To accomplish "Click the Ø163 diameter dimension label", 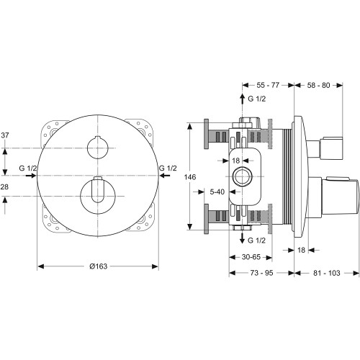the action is click(99, 266).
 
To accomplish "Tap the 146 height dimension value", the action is click(190, 177).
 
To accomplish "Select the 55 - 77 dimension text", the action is click(268, 85).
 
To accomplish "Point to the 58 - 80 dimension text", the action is click(319, 85).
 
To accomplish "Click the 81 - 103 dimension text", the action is click(327, 273).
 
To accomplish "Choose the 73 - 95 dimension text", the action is click(261, 273).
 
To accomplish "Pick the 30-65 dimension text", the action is click(251, 257).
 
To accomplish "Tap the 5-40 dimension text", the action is click(217, 192).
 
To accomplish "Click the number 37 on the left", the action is click(5, 135).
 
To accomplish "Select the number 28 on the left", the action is click(4, 186).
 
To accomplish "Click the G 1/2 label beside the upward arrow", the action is click(257, 99).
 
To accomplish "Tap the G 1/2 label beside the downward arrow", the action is click(257, 240).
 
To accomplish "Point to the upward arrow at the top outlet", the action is click(243, 99).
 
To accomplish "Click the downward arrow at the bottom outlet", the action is click(243, 238).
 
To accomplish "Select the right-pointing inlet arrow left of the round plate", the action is click(31, 176).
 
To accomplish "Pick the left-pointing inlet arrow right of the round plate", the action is click(165, 176).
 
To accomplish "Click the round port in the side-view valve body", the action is click(243, 176).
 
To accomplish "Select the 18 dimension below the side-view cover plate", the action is click(301, 250).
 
